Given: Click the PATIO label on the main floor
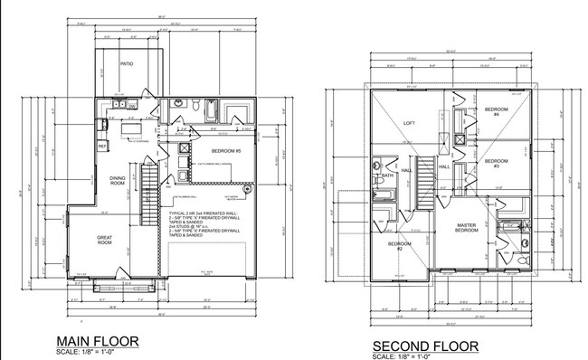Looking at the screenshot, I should click(128, 64).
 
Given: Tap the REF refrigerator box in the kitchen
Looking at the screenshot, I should click(102, 146).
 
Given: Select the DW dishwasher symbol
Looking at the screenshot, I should click(132, 105).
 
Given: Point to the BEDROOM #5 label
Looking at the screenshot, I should click(225, 150).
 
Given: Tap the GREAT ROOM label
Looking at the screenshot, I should click(104, 241).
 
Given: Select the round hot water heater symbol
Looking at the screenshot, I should click(244, 188).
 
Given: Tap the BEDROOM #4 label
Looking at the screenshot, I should click(496, 112).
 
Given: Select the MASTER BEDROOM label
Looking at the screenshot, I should click(467, 228).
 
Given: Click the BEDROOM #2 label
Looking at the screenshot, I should click(399, 246).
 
